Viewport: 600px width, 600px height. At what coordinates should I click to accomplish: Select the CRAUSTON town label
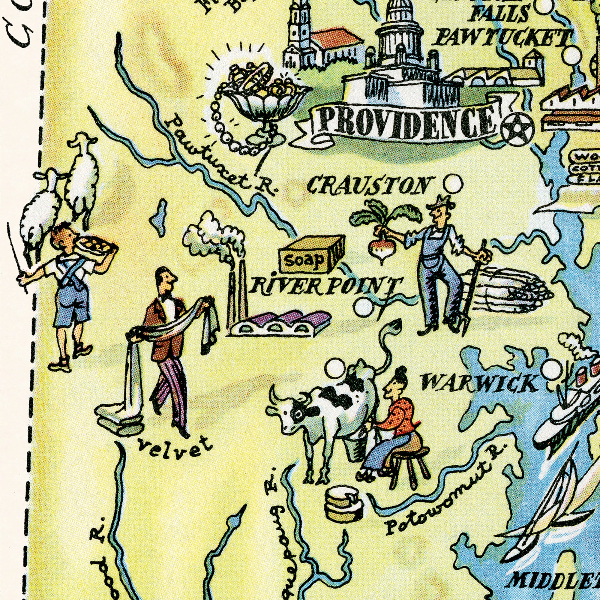tap(370, 185)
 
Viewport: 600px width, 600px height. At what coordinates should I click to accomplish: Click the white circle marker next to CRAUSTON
tap(453, 184)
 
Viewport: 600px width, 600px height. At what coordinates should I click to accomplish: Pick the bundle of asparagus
tap(509, 290)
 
